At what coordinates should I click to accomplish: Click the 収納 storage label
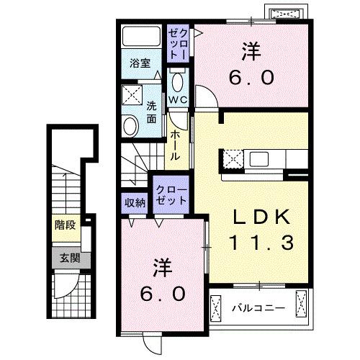(135, 203)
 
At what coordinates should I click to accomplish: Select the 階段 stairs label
(65, 225)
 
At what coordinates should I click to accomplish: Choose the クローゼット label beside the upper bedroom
(178, 44)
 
